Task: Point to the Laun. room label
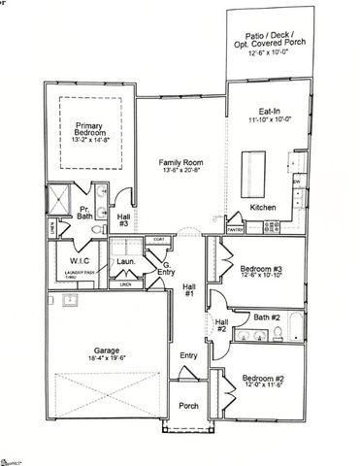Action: pos(127,261)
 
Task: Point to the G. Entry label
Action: pos(167,268)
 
